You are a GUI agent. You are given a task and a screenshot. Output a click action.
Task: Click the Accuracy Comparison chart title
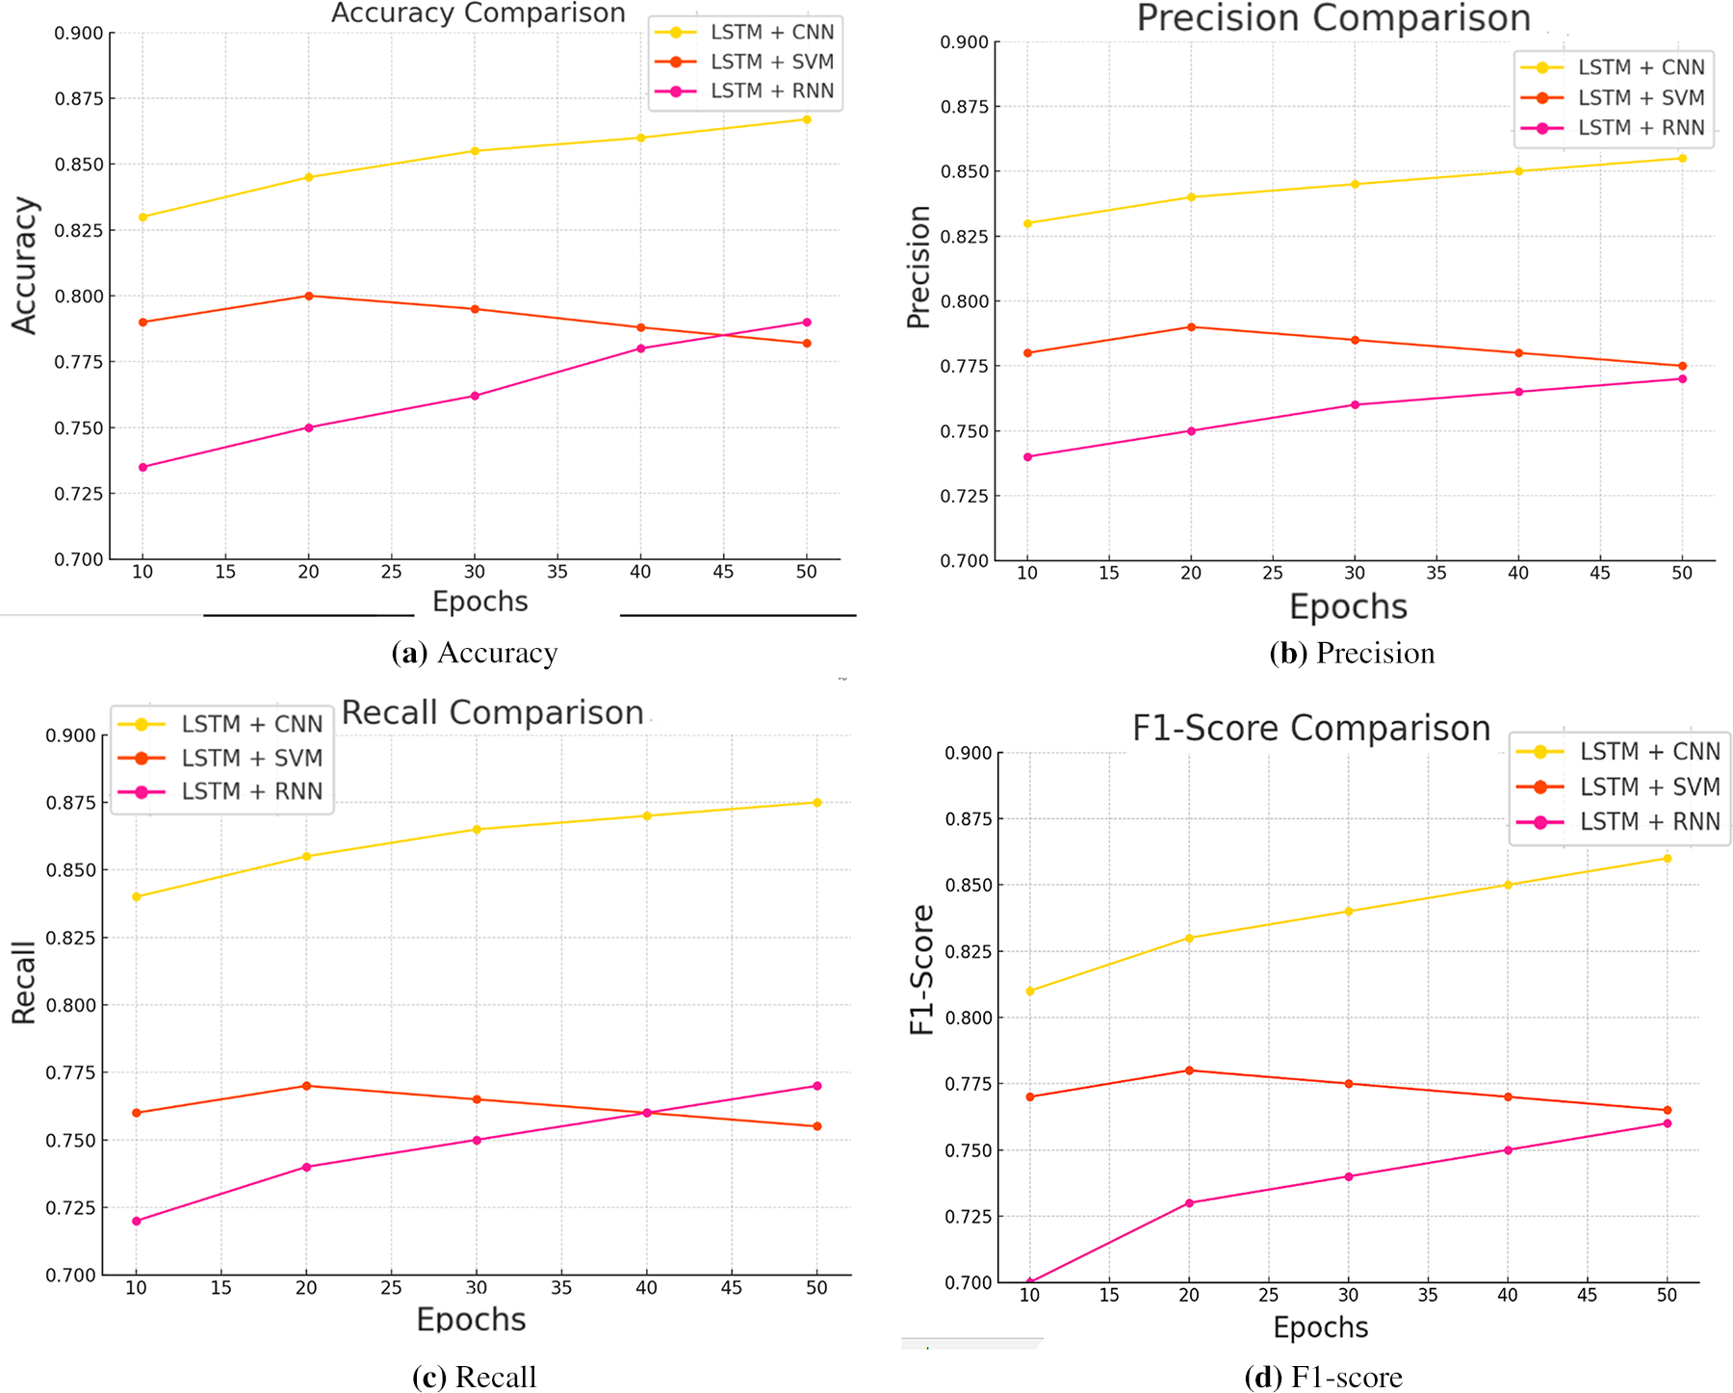click(x=479, y=13)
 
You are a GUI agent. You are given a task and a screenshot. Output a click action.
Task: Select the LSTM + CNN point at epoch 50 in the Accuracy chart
click(x=807, y=119)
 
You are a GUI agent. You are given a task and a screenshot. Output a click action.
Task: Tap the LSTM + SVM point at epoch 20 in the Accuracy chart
click(x=308, y=296)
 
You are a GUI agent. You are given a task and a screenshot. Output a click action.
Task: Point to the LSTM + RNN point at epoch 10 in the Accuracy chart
click(x=142, y=467)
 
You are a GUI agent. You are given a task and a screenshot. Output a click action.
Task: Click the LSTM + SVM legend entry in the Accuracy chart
click(x=771, y=62)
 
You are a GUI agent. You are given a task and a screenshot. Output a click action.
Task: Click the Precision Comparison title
click(x=1333, y=18)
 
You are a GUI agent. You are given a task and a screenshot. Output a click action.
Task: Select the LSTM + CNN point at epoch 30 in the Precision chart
click(x=1355, y=184)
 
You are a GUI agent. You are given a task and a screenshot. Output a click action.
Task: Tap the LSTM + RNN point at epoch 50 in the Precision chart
click(x=1682, y=379)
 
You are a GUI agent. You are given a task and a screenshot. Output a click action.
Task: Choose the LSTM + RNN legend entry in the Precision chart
click(x=1641, y=128)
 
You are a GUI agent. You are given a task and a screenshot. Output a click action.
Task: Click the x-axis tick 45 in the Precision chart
click(x=1600, y=574)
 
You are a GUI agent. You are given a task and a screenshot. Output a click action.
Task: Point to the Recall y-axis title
click(x=23, y=982)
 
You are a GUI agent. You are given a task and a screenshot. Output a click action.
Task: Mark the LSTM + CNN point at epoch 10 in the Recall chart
click(x=137, y=896)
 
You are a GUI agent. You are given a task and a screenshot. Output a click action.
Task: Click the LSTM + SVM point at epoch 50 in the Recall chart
click(x=817, y=1126)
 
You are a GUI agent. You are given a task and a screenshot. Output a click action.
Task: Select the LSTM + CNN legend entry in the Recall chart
click(x=251, y=724)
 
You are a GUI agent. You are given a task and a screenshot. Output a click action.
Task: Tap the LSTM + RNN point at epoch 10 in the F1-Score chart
click(x=1030, y=1281)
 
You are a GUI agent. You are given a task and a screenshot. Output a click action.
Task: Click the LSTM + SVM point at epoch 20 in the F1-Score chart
click(x=1189, y=1071)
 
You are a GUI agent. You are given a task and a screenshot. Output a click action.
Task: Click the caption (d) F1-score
click(x=1323, y=1378)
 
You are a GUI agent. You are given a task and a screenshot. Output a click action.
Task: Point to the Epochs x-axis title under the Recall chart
click(x=471, y=1319)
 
